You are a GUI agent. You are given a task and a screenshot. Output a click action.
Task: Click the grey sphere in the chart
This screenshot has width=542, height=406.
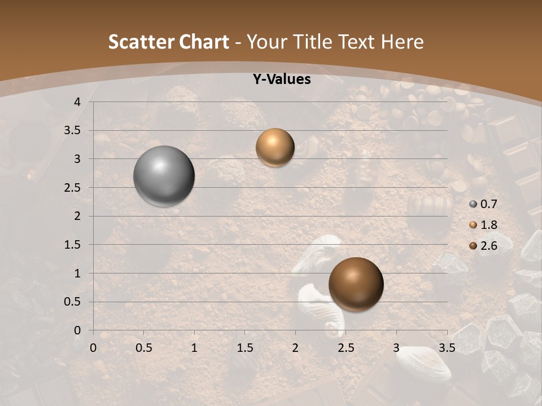pos(164,176)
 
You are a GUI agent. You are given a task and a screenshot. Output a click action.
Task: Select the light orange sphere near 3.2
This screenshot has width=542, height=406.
pos(275,147)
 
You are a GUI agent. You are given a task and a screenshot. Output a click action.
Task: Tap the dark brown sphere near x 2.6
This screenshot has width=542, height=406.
pos(356,284)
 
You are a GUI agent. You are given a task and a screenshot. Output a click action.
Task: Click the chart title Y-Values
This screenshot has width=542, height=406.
pos(281,80)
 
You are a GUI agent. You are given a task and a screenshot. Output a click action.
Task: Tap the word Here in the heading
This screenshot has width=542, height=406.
pos(402,42)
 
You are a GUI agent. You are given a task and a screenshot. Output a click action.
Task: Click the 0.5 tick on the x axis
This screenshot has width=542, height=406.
pos(144,348)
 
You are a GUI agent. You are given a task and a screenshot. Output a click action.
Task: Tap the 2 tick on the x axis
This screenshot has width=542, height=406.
pos(295,348)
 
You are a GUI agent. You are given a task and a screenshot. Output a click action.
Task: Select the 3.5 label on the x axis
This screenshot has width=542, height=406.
pos(447,348)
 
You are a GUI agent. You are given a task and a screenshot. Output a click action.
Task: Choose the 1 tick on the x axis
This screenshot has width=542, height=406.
pos(194,348)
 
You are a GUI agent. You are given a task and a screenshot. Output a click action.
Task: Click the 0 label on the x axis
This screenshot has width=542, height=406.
pos(93,348)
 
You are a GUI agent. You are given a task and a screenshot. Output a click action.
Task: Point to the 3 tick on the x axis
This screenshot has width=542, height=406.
pos(396,348)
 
